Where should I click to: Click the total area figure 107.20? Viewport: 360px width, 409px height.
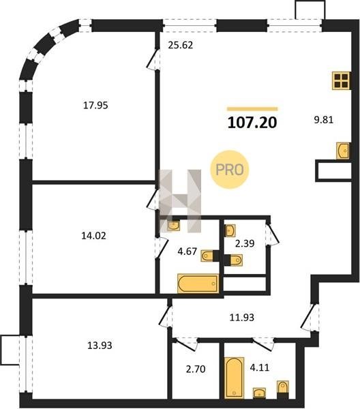click(252, 123)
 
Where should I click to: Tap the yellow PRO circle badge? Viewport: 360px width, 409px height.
click(230, 170)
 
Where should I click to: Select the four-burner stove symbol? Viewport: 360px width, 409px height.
click(341, 80)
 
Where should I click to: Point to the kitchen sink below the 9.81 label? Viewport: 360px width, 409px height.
click(342, 151)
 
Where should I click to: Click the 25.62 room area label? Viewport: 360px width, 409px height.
click(181, 45)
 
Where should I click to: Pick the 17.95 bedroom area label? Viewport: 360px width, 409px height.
click(95, 106)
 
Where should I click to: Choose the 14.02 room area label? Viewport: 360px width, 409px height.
click(93, 236)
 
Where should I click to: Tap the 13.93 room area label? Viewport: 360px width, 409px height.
click(100, 346)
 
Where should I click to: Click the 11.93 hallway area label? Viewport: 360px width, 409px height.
click(242, 318)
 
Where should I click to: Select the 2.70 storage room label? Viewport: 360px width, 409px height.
click(196, 369)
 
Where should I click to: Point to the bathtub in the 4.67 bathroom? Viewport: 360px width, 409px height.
click(198, 284)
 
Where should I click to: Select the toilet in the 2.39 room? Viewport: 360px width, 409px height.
click(236, 260)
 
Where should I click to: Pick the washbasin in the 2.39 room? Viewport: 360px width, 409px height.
click(230, 230)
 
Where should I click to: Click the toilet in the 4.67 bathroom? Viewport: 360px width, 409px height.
click(207, 256)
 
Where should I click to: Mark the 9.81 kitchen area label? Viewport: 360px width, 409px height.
click(323, 120)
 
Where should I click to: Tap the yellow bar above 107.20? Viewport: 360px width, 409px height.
click(252, 109)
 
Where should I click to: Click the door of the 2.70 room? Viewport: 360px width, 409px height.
click(185, 344)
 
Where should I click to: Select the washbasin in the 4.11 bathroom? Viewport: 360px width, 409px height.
click(259, 393)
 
